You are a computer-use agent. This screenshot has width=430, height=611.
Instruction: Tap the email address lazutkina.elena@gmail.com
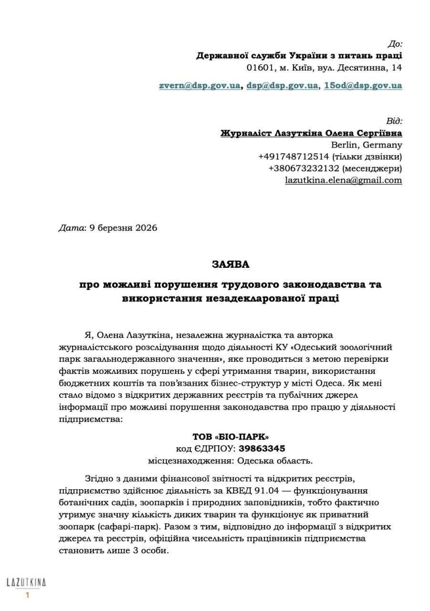pyautogui.click(x=343, y=180)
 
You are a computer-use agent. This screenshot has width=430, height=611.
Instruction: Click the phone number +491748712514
pyautogui.click(x=293, y=157)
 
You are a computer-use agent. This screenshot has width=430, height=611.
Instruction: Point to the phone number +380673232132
pyautogui.click(x=304, y=168)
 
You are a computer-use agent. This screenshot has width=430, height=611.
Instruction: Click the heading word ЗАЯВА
pyautogui.click(x=231, y=263)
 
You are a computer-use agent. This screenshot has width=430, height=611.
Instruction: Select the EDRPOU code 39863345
pyautogui.click(x=262, y=448)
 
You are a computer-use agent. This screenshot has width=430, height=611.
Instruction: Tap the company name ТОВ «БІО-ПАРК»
pyautogui.click(x=231, y=437)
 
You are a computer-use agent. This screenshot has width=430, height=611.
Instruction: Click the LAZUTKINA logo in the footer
pyautogui.click(x=26, y=582)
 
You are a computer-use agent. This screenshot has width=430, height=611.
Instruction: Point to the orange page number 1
pyautogui.click(x=27, y=595)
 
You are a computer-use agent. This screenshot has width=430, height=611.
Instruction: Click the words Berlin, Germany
pyautogui.click(x=366, y=145)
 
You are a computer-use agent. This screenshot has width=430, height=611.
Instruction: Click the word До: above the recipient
pyautogui.click(x=395, y=44)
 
